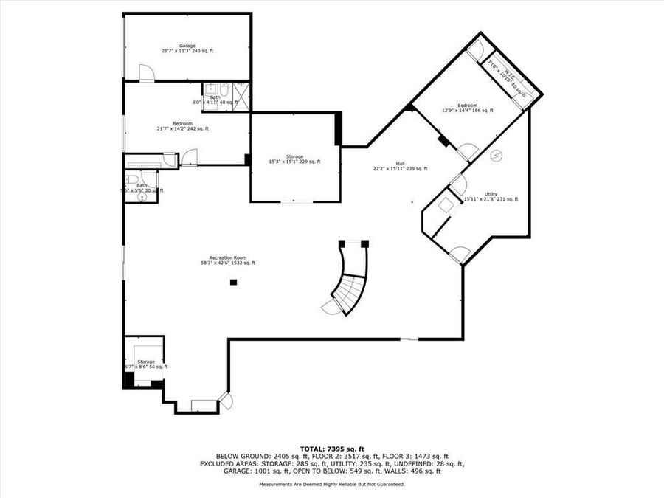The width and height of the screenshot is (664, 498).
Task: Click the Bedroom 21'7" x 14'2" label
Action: coord(182,126)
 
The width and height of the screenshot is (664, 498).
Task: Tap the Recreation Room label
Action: coord(228,260)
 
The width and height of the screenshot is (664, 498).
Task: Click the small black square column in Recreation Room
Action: coord(233,282)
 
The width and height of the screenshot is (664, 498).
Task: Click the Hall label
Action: coord(400,167)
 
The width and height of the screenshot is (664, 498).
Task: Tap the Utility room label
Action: coord(491,197)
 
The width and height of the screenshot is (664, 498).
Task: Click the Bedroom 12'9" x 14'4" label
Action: coord(467,108)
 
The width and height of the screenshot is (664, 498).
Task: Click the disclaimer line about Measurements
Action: coord(331,485)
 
